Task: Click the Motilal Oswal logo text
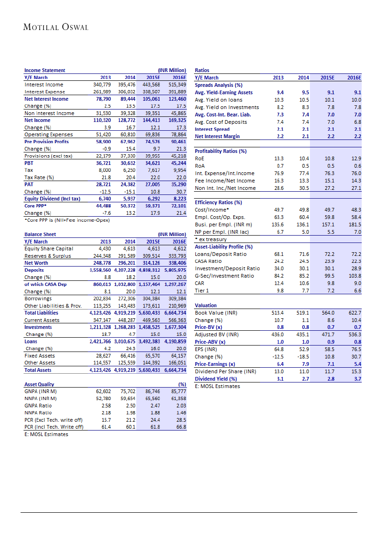55,27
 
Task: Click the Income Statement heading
45,70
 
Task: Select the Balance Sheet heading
40,234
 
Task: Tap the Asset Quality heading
39,384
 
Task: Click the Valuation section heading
206,305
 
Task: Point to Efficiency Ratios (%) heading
218,202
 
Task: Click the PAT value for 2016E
177,184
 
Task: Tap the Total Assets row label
38,370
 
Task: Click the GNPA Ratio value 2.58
106,405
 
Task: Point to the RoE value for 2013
279,158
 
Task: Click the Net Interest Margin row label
218,136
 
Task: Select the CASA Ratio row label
208,261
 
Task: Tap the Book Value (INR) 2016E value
355,313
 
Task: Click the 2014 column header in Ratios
303,78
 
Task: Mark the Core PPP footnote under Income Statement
67,220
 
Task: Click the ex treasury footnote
211,239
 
